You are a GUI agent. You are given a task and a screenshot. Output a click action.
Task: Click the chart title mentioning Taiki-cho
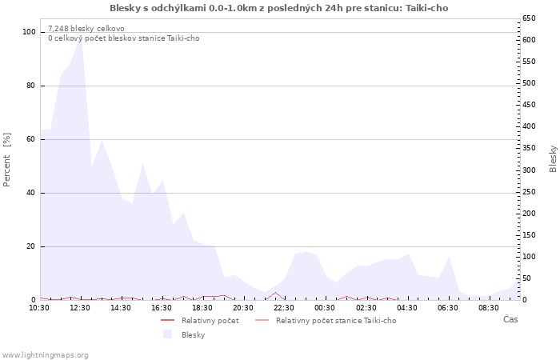click(278, 8)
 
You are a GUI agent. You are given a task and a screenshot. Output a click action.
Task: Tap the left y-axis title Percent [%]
click(7, 160)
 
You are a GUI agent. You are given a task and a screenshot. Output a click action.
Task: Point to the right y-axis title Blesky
click(553, 158)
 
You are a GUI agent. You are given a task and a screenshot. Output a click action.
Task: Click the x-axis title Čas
click(510, 319)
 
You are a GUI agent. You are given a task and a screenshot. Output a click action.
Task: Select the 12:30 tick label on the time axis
click(80, 307)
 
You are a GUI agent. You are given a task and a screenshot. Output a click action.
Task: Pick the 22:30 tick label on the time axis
click(284, 307)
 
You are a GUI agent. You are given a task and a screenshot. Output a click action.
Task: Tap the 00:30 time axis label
click(325, 307)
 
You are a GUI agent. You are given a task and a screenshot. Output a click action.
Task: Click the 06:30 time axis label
click(448, 307)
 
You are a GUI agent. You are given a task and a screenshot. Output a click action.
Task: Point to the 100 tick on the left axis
click(30, 32)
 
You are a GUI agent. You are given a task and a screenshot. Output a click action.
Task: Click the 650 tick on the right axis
click(529, 18)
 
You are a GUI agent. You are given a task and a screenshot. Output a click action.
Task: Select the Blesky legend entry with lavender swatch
click(193, 334)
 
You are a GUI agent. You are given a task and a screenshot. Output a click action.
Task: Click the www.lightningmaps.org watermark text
click(46, 354)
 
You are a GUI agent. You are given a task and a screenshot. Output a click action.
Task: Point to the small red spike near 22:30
click(275, 293)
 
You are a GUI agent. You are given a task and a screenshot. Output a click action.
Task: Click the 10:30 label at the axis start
click(39, 307)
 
